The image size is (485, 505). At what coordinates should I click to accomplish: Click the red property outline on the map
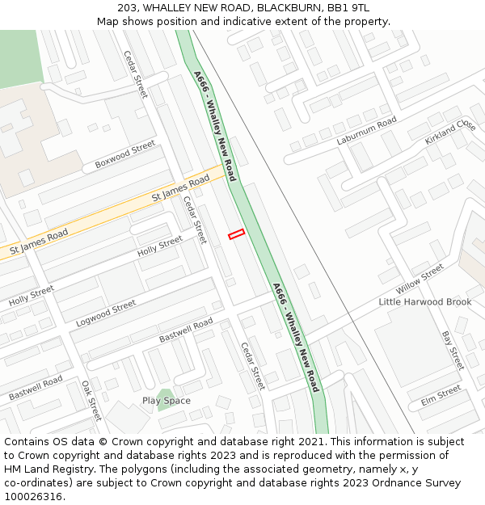click(236, 234)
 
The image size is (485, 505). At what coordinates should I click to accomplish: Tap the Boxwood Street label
click(124, 154)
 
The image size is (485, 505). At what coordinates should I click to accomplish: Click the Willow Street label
click(420, 279)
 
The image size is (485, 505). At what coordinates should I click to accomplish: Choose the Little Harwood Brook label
click(424, 301)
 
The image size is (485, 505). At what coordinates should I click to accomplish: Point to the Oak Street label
click(91, 401)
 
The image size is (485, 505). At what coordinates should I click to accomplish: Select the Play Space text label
click(167, 401)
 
